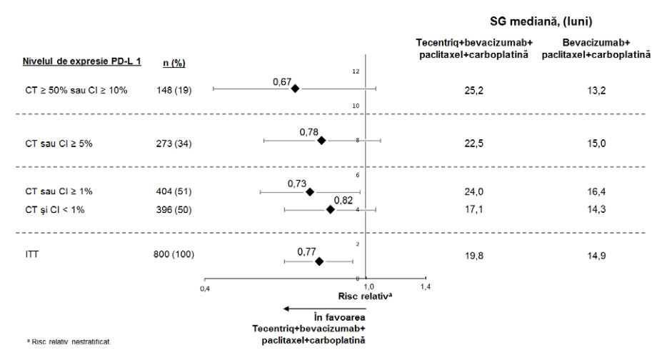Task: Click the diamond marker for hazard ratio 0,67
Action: point(295,89)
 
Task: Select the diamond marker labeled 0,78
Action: point(321,141)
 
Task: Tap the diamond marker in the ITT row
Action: point(319,261)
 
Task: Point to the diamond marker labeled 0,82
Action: point(331,209)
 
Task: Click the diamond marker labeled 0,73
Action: point(310,192)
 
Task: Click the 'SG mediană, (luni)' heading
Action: point(541,21)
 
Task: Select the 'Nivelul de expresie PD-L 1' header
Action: point(81,61)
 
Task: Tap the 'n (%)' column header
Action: point(174,63)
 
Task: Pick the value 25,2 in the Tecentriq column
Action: point(473,91)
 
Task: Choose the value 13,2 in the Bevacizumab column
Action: point(596,91)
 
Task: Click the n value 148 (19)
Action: point(174,90)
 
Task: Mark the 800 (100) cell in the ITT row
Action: point(174,254)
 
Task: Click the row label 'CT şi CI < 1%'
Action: point(55,210)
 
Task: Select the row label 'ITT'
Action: point(32,254)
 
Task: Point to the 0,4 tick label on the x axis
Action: point(204,289)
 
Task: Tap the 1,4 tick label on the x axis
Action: point(426,287)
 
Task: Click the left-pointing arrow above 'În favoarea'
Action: point(324,309)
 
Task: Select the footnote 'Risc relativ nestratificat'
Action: point(69,342)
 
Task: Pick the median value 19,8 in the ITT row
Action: point(473,256)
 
